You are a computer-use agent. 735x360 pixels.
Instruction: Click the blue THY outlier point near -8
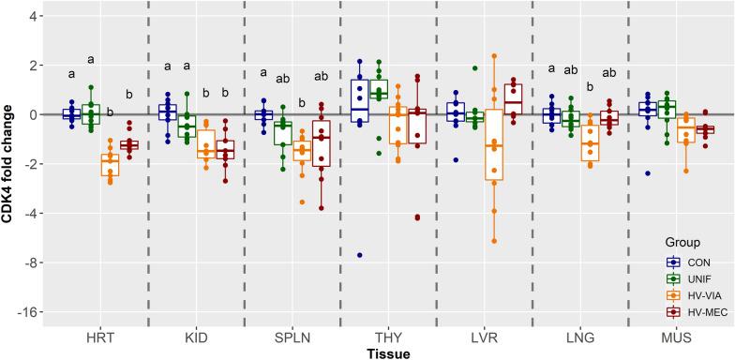point(359,255)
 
